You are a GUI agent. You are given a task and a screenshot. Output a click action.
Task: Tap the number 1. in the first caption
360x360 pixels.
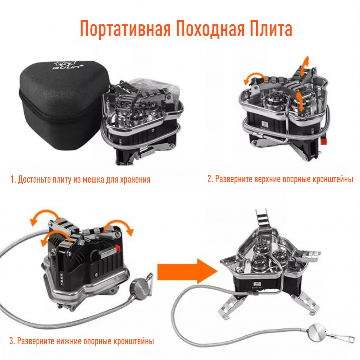click(13, 180)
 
